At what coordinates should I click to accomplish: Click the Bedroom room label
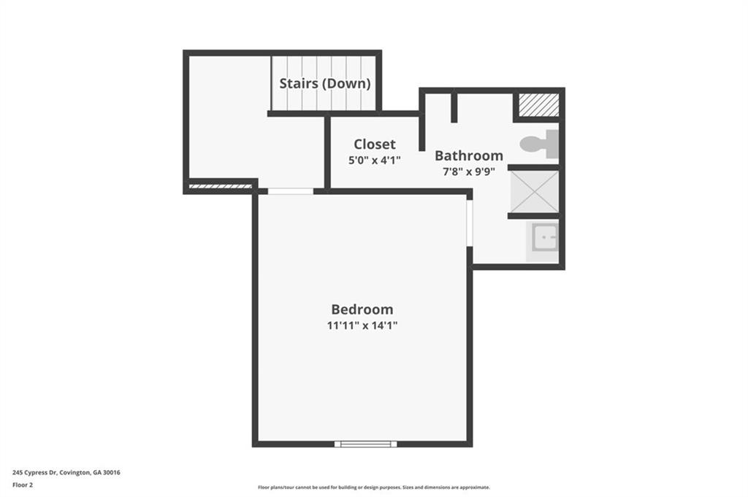click(362, 309)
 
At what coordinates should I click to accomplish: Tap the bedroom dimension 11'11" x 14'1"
click(362, 325)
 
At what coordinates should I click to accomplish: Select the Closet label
click(375, 144)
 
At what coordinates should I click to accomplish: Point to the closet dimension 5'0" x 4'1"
click(375, 160)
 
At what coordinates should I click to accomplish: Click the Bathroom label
click(469, 155)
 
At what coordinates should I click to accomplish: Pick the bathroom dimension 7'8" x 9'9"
click(469, 172)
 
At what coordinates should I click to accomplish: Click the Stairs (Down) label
click(325, 83)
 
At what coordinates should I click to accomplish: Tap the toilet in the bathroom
click(540, 144)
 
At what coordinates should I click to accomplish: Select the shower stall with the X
click(534, 192)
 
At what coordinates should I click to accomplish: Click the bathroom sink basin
click(544, 237)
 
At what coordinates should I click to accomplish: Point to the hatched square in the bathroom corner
click(538, 105)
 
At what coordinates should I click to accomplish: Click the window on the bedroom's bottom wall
click(365, 444)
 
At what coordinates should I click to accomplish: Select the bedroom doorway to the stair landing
click(290, 191)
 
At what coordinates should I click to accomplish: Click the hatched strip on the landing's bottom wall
click(221, 186)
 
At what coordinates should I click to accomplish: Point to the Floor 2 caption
click(23, 485)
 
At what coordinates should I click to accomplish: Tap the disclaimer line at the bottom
click(374, 488)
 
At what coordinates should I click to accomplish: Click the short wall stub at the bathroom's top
click(454, 108)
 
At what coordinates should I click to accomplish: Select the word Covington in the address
click(75, 473)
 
